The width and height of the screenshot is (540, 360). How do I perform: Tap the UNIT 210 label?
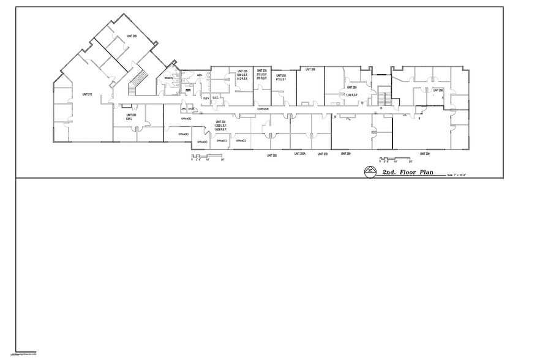coord(86,94)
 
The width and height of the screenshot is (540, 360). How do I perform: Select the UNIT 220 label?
coord(130,114)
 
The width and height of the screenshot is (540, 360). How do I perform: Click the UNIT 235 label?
coord(261,72)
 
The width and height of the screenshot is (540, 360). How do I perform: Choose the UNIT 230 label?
coord(219,122)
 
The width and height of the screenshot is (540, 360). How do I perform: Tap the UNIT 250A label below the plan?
coord(299,154)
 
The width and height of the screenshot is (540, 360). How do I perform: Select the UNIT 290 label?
coord(424,154)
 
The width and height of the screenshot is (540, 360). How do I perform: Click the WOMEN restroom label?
coord(168,78)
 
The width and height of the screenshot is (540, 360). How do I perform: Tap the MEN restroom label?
coord(199,75)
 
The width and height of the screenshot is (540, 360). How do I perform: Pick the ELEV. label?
coord(206,98)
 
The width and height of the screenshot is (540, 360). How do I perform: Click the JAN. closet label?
coord(183,109)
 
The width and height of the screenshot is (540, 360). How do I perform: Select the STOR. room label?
coord(191,109)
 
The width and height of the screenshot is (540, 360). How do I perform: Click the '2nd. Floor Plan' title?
coord(408,173)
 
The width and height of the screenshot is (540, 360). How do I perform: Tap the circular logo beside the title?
coord(370,172)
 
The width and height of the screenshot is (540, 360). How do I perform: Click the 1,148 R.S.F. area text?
coord(351,95)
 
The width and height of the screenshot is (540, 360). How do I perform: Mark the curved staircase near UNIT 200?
coord(140,80)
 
